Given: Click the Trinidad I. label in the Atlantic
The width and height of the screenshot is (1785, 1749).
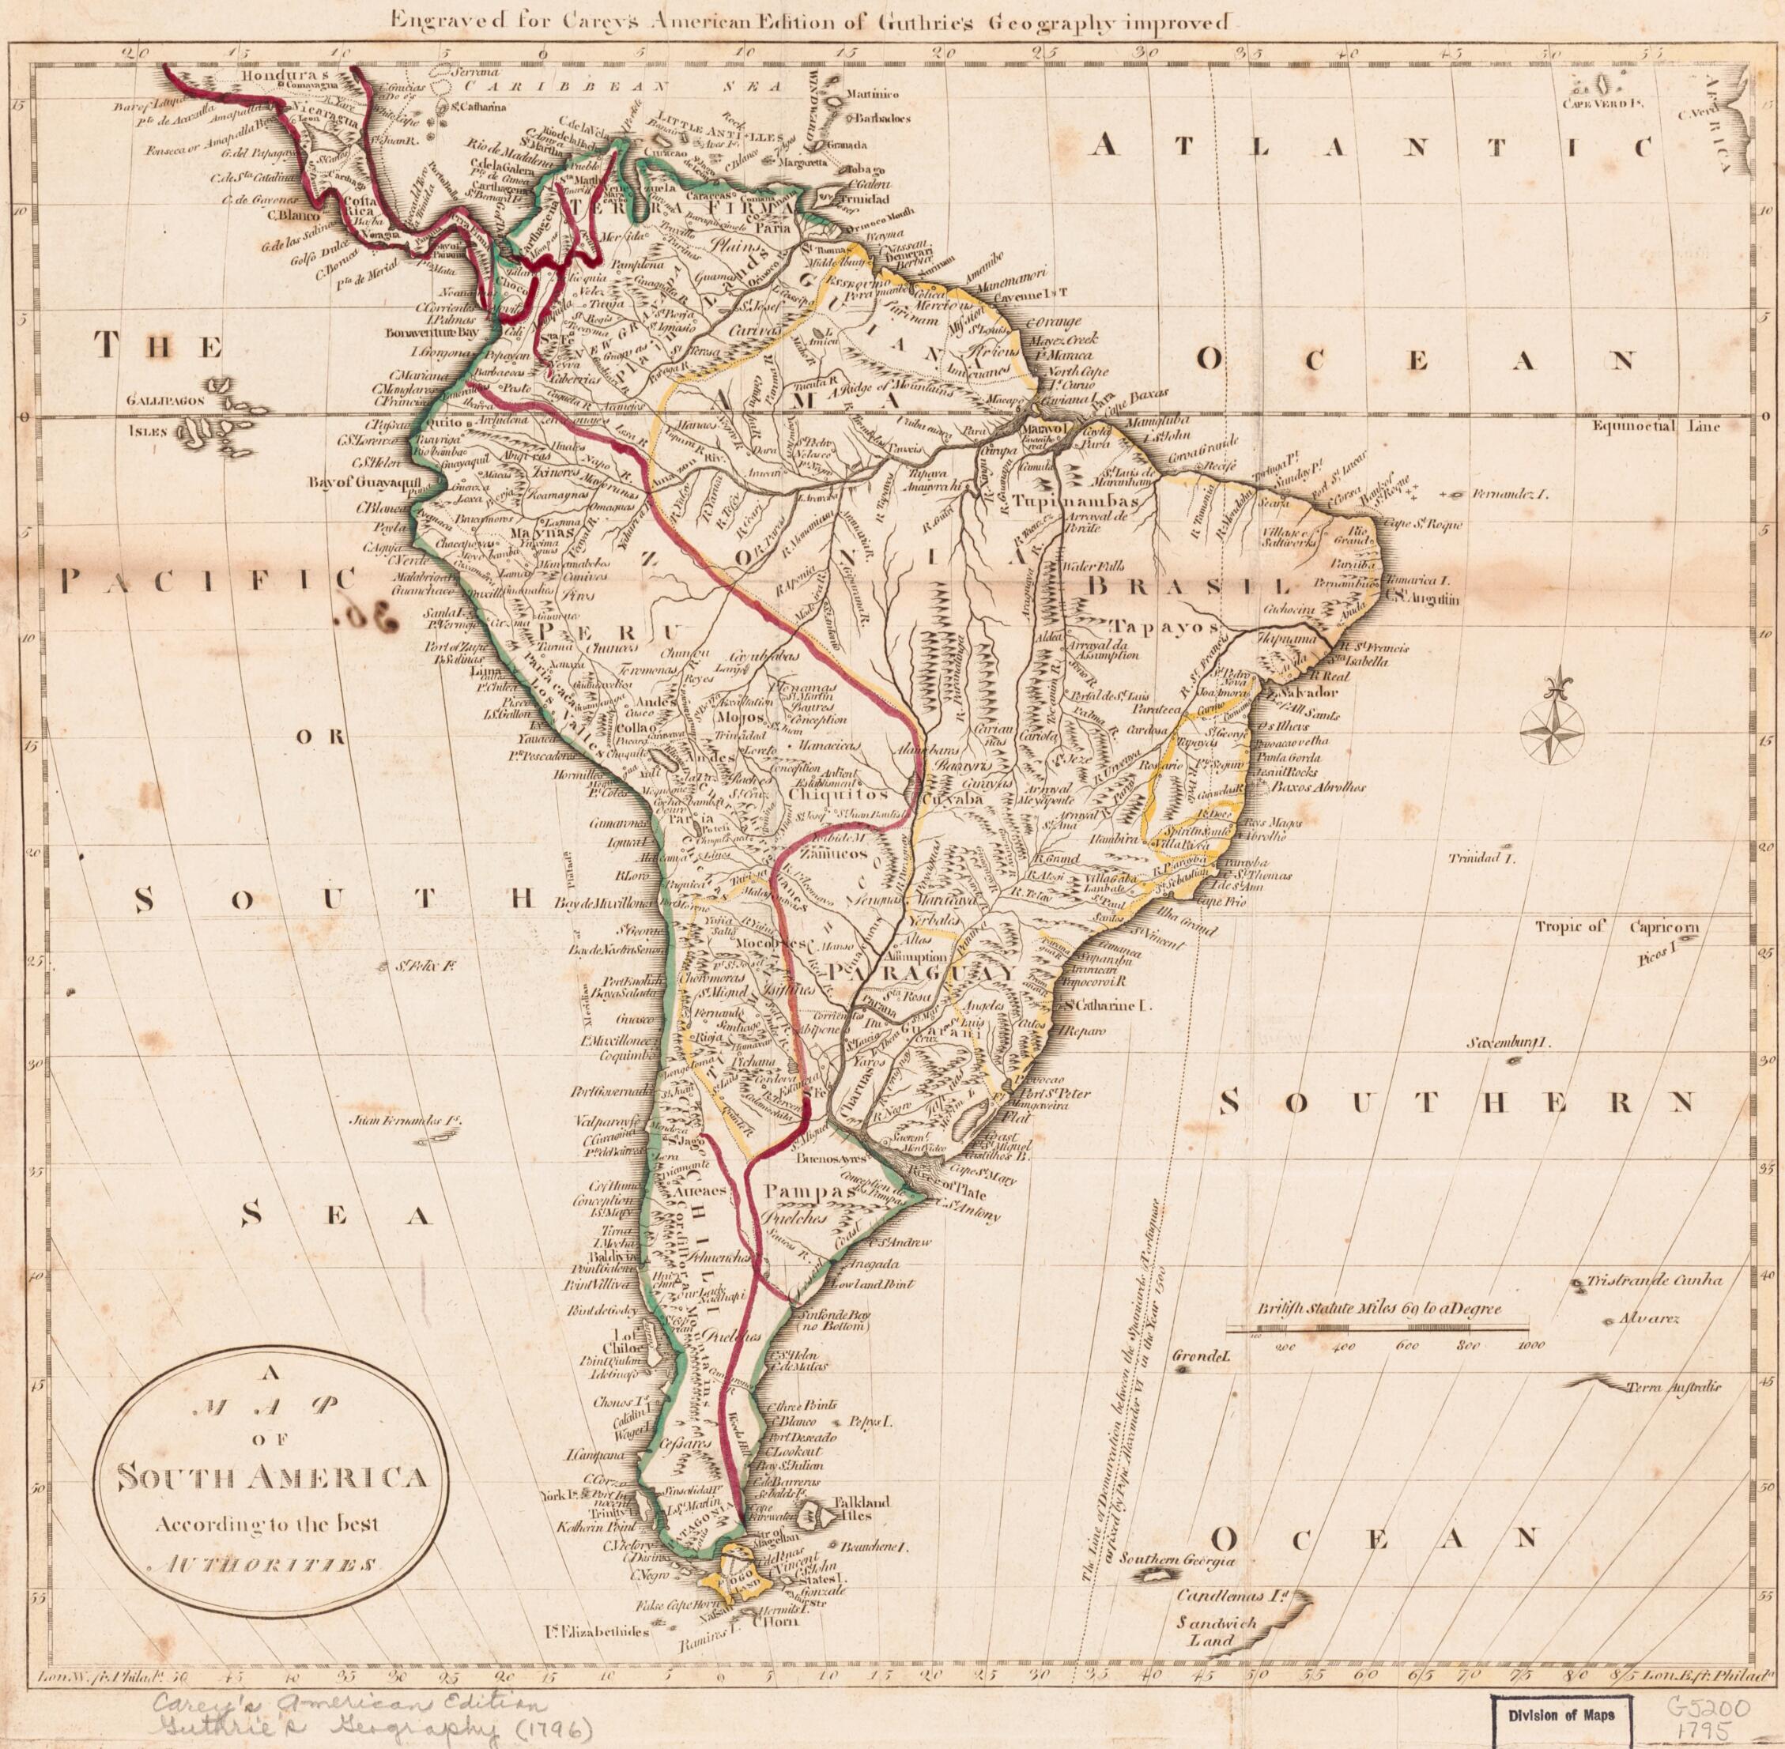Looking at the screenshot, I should coord(1481,859).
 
